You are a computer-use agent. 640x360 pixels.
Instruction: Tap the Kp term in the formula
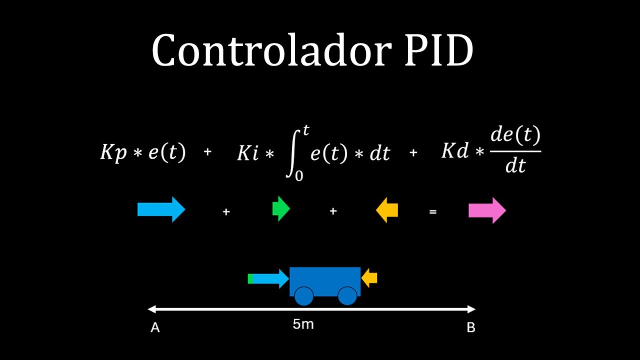(113, 152)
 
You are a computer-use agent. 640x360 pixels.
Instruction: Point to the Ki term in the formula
(248, 153)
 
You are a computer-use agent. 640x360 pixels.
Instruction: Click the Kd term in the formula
(454, 151)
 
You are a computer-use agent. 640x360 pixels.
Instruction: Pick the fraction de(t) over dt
(515, 150)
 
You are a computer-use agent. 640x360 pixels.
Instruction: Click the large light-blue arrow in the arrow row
(161, 209)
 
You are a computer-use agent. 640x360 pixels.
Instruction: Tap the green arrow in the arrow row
(280, 209)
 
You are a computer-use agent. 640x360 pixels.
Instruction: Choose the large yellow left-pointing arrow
(387, 209)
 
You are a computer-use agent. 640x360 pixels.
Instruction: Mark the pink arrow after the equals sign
(487, 210)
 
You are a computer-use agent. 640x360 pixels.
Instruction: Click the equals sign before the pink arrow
(433, 212)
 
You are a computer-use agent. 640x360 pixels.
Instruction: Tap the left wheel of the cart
(303, 296)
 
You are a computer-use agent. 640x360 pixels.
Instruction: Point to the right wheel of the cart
(347, 296)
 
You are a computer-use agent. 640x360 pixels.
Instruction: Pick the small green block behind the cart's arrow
(250, 278)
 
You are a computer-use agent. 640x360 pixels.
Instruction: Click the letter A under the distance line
(155, 328)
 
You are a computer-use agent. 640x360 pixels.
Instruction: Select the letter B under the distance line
(470, 328)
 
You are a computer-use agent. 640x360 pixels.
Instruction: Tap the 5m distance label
(303, 324)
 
